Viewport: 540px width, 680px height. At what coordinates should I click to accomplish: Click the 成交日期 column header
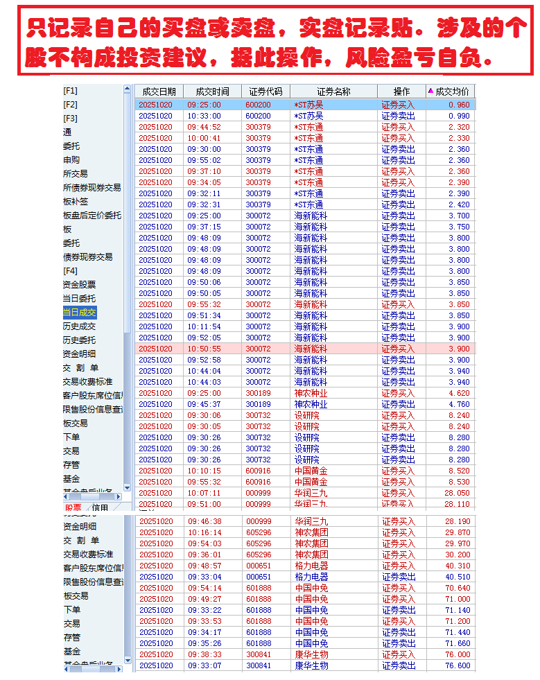click(x=159, y=91)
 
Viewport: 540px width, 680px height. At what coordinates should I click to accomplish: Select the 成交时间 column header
click(x=212, y=91)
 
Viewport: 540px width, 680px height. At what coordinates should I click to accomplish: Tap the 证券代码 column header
click(x=265, y=91)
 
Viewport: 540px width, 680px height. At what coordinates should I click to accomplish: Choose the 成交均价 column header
click(x=452, y=91)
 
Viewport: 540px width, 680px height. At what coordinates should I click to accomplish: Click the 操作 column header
click(x=401, y=91)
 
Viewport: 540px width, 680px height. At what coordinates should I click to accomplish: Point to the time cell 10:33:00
click(x=204, y=116)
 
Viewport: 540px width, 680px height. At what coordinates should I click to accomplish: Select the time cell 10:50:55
click(x=204, y=349)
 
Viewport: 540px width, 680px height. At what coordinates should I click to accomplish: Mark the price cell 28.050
click(x=458, y=493)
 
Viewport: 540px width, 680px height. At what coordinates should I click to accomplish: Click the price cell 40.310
click(x=458, y=566)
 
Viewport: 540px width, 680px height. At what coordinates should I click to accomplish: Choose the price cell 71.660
click(x=458, y=643)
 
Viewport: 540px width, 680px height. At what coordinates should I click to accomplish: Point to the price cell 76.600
click(x=458, y=665)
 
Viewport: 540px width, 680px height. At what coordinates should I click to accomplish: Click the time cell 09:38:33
click(x=204, y=654)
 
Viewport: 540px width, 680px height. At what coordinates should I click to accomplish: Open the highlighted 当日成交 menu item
click(x=80, y=313)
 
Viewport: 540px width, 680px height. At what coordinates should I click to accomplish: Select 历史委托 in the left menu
click(x=80, y=340)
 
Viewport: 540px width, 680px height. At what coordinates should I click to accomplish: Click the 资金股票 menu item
click(x=80, y=285)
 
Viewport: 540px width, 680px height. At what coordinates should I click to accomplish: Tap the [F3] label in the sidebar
click(x=71, y=119)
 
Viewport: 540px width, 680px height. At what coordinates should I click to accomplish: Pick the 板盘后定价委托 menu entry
click(x=92, y=216)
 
